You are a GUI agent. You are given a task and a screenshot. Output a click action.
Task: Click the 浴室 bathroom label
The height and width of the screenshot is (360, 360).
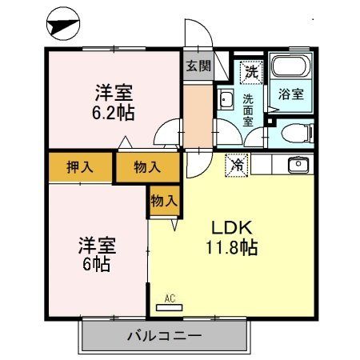click(290, 94)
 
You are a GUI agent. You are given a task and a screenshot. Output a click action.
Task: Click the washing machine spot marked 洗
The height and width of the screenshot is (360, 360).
click(251, 70)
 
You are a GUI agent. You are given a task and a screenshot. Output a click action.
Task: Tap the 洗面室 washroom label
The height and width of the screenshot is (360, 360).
click(247, 110)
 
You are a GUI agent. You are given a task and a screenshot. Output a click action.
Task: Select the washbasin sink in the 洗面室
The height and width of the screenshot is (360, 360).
click(225, 101)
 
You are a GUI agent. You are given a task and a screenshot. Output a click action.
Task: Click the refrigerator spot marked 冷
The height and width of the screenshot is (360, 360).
click(238, 165)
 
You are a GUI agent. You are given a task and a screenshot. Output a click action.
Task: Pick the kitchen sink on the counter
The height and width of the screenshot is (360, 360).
click(298, 165)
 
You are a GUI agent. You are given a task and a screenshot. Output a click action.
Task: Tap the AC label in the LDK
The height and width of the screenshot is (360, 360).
click(169, 298)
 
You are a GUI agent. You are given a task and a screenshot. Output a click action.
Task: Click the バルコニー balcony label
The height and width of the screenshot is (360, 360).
click(165, 335)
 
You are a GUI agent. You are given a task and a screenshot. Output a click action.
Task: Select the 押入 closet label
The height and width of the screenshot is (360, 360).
click(78, 167)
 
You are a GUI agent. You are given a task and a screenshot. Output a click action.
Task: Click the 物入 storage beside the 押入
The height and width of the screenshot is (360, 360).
click(146, 167)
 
